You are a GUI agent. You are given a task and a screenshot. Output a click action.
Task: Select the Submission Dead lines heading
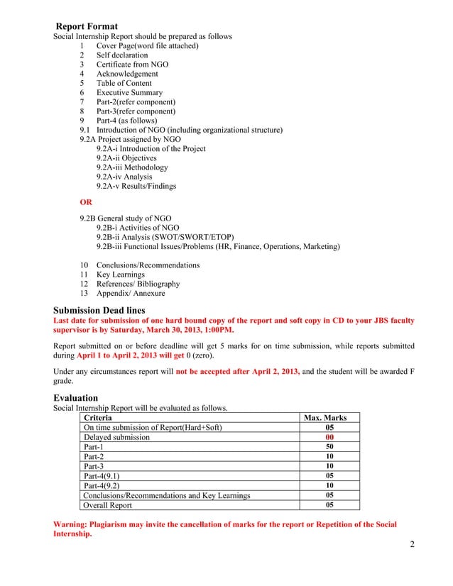coord(99,309)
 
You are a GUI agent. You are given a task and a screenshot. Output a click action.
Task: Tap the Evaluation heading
coord(76,398)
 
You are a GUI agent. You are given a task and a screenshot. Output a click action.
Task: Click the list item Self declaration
coord(122,55)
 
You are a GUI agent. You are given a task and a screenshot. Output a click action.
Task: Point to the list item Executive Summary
coord(129,93)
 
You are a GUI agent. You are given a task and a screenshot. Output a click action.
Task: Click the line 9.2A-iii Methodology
coord(132,167)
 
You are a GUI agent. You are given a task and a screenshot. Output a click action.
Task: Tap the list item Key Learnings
coord(120,275)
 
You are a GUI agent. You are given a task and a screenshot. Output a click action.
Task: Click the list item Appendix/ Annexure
coord(131,293)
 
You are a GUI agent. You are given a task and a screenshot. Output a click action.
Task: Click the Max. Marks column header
coord(325,418)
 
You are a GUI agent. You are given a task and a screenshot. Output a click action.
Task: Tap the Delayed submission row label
coord(116,438)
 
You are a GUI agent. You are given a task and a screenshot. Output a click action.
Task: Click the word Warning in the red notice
coord(73,524)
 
